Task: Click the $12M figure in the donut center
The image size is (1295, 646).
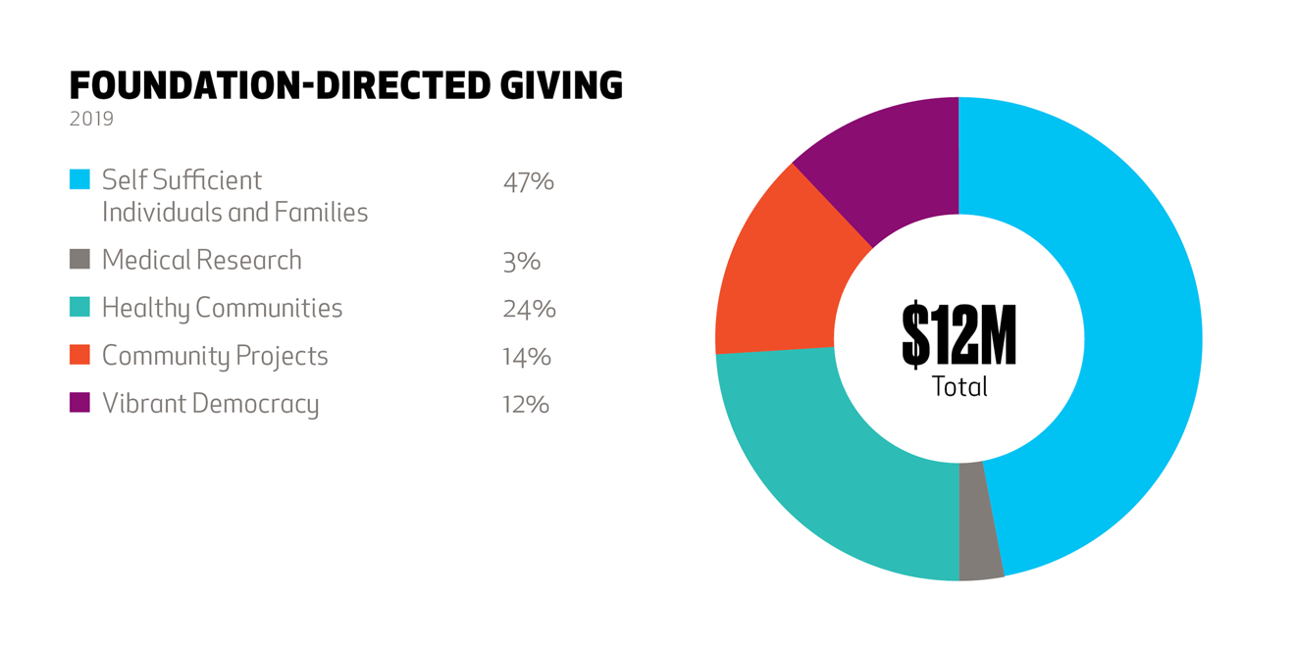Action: coord(958,335)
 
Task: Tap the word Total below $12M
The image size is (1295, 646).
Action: coord(958,387)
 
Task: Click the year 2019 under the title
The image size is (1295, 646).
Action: coord(91,120)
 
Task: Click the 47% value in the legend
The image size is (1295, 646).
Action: coord(528,182)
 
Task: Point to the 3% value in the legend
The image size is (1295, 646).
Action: coord(521,262)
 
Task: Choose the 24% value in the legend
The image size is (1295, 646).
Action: coord(529,310)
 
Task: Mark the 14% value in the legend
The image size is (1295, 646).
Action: coord(526,358)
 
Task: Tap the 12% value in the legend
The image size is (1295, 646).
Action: coord(525,405)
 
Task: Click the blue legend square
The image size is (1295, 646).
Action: coord(79,179)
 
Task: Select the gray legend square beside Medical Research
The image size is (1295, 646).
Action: coord(79,259)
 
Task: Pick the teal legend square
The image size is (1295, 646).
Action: coord(79,307)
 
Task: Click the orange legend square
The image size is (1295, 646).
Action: coord(79,355)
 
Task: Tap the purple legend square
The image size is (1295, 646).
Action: coord(79,403)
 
